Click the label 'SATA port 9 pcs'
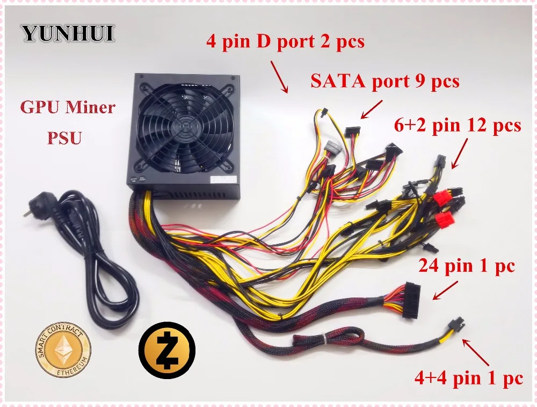pyautogui.click(x=384, y=82)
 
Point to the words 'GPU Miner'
pyautogui.click(x=68, y=107)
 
